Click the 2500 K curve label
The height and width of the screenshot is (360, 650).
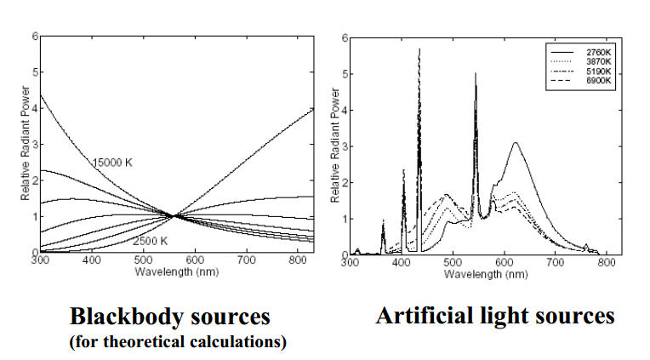point(151,241)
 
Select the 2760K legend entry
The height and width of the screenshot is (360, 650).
point(599,53)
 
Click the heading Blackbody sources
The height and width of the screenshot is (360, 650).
point(169,317)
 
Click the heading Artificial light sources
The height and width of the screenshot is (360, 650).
point(495,316)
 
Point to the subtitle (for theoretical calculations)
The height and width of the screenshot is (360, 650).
point(178,342)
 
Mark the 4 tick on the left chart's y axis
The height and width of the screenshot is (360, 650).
point(35,108)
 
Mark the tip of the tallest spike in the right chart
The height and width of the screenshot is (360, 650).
point(419,49)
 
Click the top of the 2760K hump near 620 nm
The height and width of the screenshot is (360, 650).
point(516,143)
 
